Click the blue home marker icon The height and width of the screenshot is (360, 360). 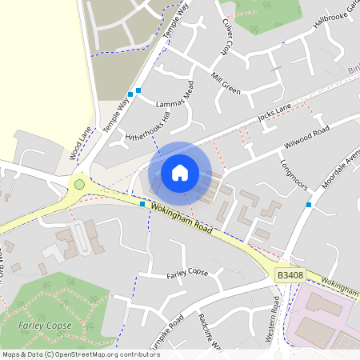(x=180, y=172)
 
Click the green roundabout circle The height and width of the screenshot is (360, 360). (x=79, y=185)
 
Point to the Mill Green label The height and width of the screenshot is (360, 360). (x=226, y=83)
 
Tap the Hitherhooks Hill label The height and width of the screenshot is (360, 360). (x=149, y=127)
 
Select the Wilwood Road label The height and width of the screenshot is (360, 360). (x=306, y=138)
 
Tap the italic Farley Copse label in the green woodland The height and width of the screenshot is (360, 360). (x=45, y=326)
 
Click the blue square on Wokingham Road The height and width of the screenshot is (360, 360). (x=142, y=204)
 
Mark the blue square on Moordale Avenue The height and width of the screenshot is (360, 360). (x=308, y=205)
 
